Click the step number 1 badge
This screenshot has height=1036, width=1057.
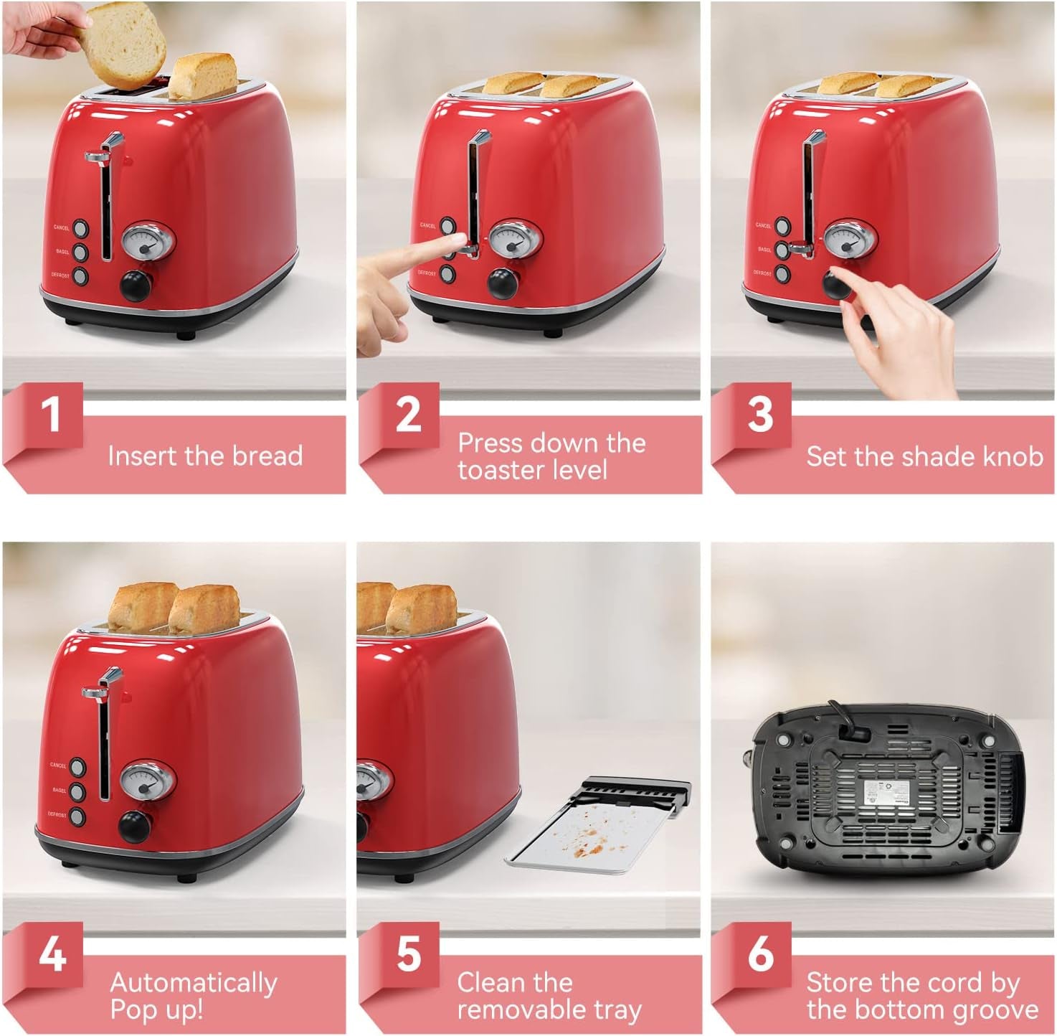[50, 415]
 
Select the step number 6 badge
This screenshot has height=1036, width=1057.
[760, 955]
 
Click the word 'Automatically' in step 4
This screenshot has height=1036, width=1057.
[194, 982]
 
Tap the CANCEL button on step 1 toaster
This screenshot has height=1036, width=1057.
[80, 228]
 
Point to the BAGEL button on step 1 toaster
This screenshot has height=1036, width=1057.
[80, 252]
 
